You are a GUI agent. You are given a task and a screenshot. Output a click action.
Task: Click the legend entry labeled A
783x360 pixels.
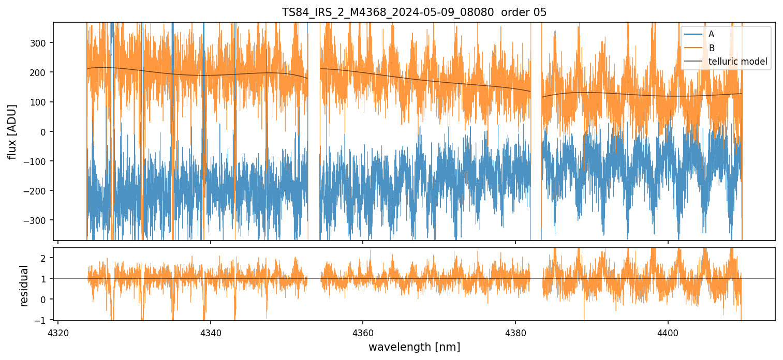(711, 34)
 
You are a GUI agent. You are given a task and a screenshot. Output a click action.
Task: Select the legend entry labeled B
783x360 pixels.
(711, 48)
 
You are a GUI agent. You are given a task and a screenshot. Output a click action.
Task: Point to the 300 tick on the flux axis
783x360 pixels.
(40, 43)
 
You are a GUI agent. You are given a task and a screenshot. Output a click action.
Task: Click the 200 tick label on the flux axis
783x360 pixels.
(40, 72)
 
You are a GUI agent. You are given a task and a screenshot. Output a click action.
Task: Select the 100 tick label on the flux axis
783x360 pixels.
(40, 102)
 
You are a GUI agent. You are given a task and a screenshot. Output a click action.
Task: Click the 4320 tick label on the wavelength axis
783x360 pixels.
(58, 331)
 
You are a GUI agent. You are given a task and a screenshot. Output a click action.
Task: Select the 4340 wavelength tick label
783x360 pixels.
(210, 331)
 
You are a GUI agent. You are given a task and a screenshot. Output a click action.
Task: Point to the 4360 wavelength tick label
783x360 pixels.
(363, 331)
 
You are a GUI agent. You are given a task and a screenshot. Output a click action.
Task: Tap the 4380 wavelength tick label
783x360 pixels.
(515, 331)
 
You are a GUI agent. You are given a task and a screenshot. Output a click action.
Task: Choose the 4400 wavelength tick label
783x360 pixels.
(668, 331)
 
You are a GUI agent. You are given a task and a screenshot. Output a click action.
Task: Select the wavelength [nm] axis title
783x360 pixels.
(414, 347)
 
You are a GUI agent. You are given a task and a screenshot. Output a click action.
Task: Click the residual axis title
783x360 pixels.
(24, 285)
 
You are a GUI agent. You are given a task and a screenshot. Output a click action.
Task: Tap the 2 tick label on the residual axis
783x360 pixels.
(43, 258)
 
